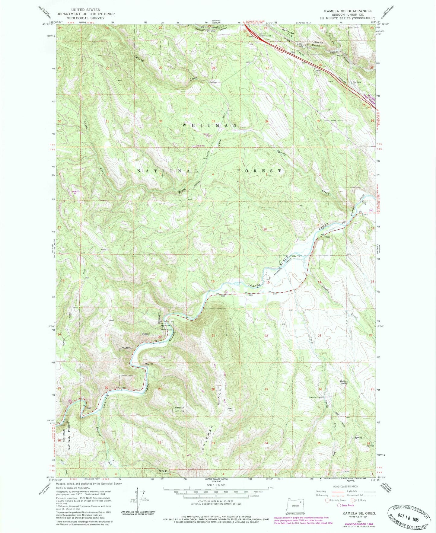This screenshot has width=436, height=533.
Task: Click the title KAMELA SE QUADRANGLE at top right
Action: [348, 11]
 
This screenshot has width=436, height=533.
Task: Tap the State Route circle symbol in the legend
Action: [339, 505]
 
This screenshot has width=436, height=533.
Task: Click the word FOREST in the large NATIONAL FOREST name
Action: [259, 171]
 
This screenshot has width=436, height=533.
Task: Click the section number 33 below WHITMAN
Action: [213, 121]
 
